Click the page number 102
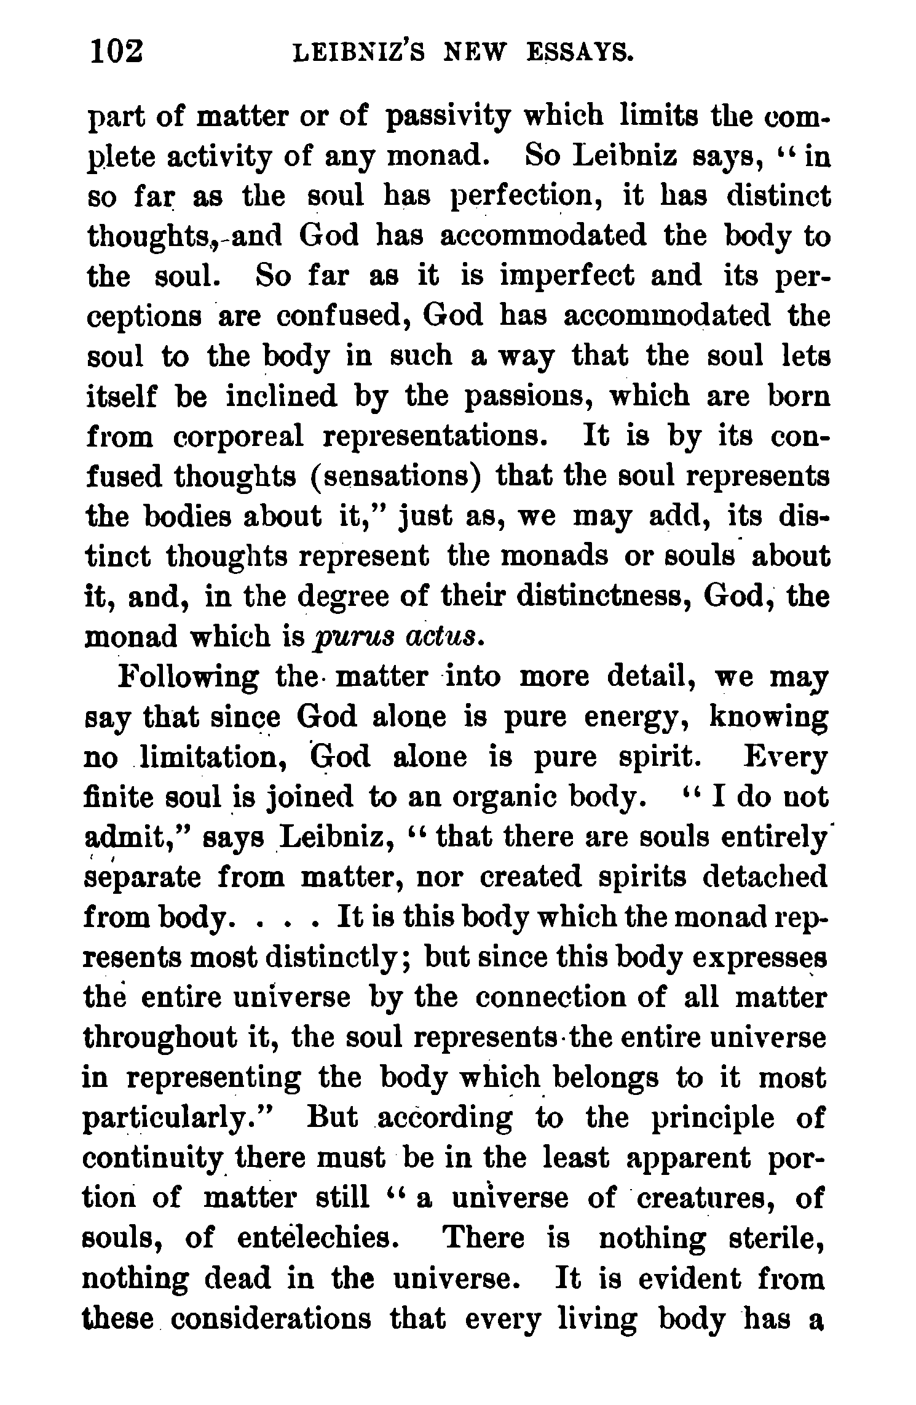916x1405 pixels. [x=117, y=51]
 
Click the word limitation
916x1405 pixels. [x=212, y=757]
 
